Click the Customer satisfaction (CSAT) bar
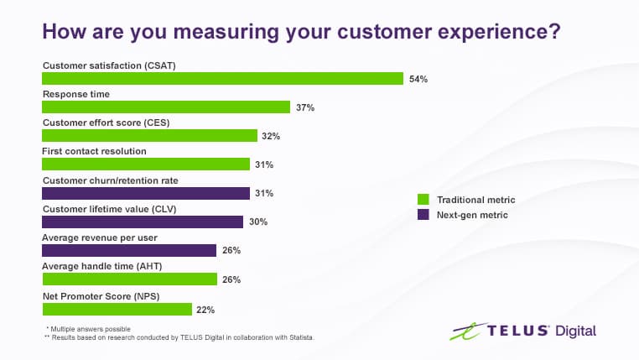[x=222, y=79]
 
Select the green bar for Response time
[x=166, y=107]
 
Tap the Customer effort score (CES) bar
[x=149, y=136]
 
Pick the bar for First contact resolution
[x=146, y=164]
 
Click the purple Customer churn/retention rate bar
[x=146, y=193]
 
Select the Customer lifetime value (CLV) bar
[x=143, y=222]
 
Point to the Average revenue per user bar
[x=129, y=250]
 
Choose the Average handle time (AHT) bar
[x=129, y=279]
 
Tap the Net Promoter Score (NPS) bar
[x=117, y=309]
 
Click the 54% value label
[x=418, y=80]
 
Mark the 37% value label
[x=304, y=108]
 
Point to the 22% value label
[x=205, y=310]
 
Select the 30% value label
[x=257, y=222]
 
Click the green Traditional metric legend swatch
[x=423, y=200]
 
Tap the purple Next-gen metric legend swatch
[x=423, y=215]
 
